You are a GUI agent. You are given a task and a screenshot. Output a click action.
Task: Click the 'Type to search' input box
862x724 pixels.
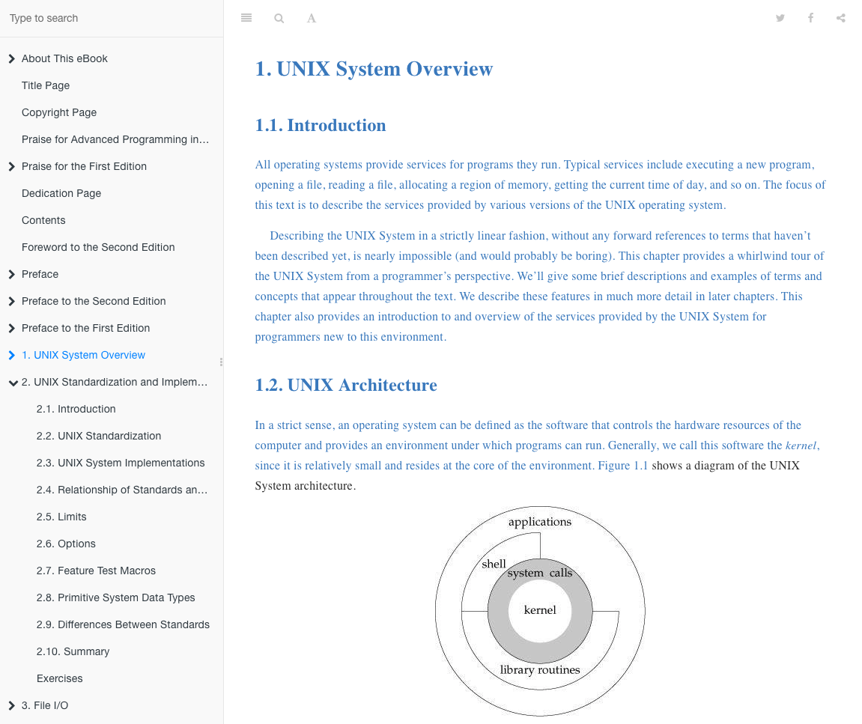(x=112, y=18)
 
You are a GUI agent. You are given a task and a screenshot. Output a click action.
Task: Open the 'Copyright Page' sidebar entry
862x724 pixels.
(x=59, y=112)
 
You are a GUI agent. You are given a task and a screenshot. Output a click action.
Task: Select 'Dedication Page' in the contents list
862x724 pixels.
(x=61, y=193)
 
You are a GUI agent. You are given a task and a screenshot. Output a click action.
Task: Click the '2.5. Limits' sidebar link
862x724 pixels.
(x=61, y=517)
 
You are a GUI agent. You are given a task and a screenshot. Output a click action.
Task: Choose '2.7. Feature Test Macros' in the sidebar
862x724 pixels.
(x=96, y=571)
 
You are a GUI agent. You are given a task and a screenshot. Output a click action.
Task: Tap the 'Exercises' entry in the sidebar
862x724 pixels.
(x=60, y=678)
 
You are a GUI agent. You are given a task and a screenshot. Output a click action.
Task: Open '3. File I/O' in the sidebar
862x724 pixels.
(x=45, y=705)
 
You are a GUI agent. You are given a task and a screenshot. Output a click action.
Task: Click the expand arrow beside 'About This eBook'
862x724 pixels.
(x=11, y=58)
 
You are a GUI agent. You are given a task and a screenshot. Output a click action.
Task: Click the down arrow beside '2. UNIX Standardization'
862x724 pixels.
(x=12, y=383)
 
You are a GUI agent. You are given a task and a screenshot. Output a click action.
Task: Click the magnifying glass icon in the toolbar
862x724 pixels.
(x=279, y=18)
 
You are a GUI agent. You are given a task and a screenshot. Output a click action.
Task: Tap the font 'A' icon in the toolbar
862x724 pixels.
(x=312, y=18)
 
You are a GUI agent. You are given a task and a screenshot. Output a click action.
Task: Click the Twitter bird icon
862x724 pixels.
(x=780, y=18)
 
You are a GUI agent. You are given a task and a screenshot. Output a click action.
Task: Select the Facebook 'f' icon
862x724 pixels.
(x=810, y=18)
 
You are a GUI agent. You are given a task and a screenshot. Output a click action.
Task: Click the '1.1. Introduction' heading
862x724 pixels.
(x=321, y=125)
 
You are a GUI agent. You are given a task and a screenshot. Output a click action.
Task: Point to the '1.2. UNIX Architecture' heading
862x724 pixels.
(x=346, y=385)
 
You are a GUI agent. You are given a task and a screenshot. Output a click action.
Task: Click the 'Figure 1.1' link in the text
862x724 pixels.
(x=623, y=466)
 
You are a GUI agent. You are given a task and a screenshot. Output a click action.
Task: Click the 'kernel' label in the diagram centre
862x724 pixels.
(x=540, y=610)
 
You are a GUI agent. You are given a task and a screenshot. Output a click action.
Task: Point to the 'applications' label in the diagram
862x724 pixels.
(x=540, y=522)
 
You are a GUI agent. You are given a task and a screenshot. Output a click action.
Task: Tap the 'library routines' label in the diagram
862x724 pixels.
(x=540, y=670)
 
